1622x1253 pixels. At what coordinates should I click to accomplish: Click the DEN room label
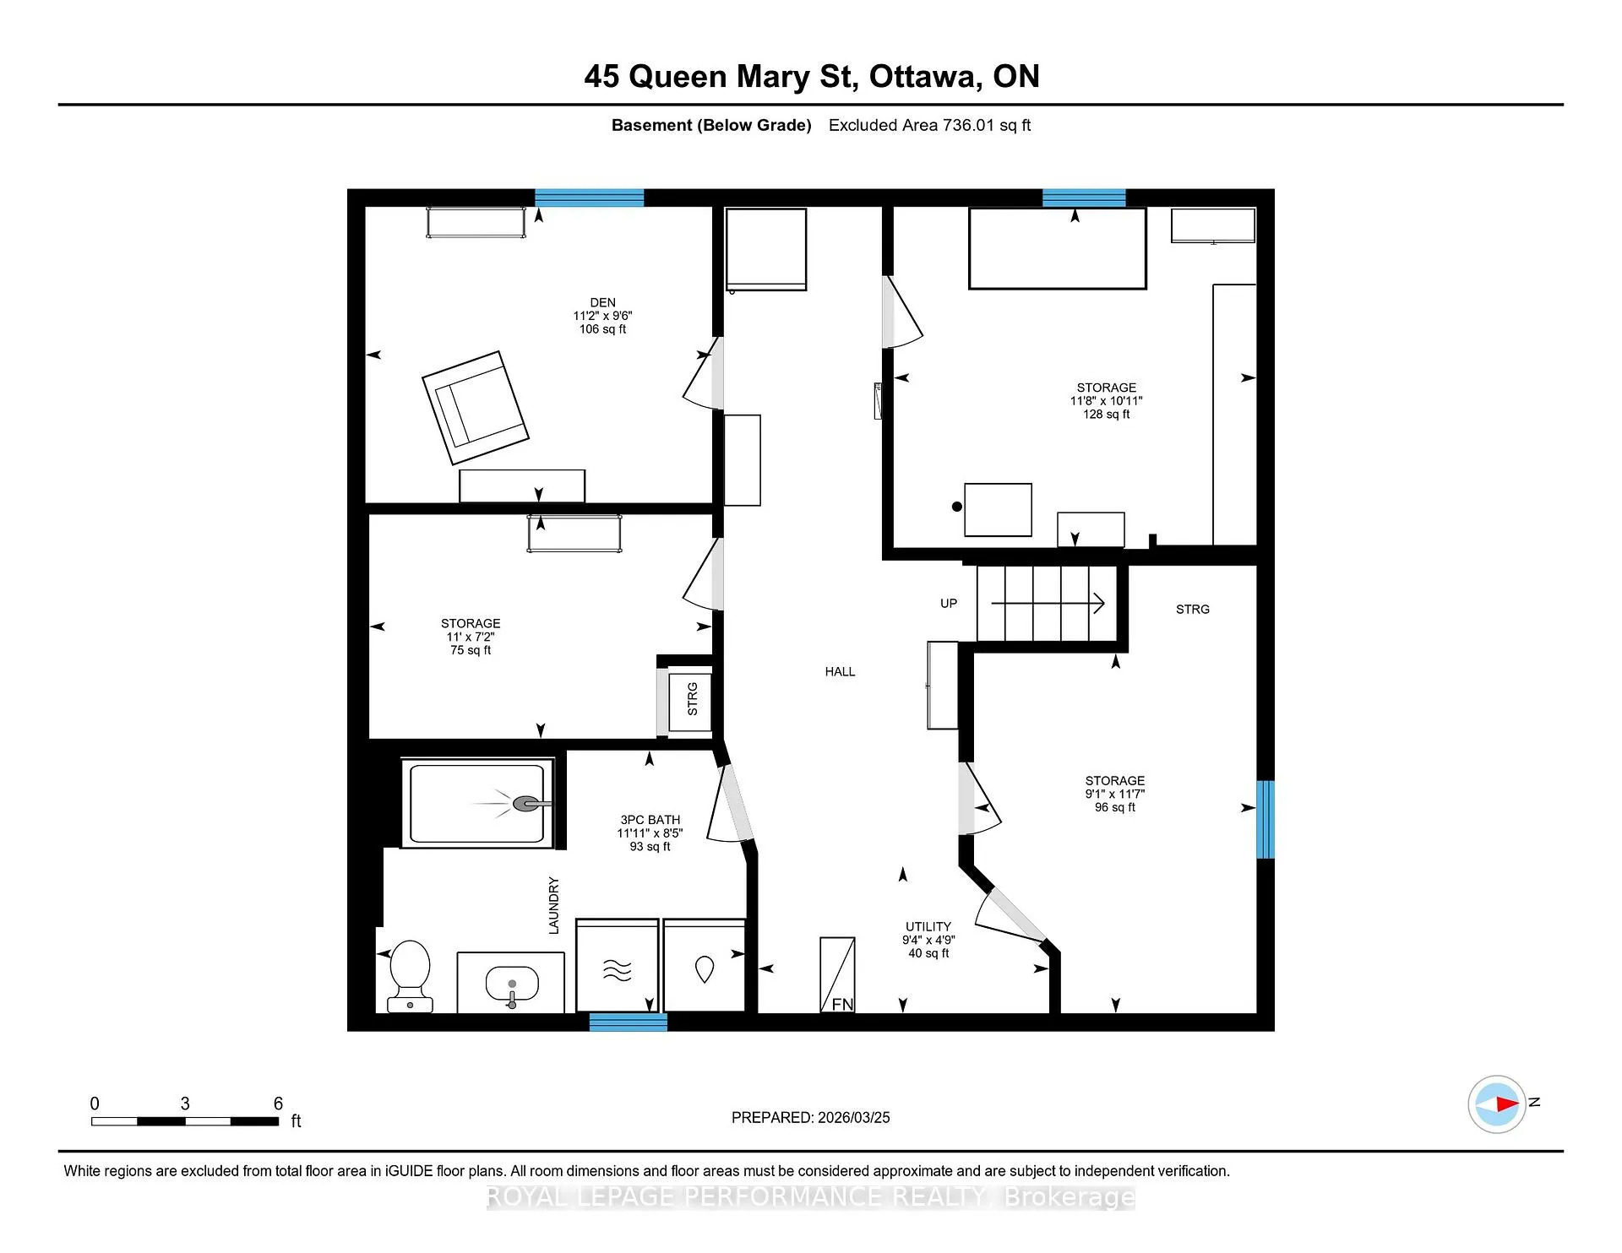pos(602,302)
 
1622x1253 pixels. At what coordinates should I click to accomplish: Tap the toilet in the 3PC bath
pos(410,976)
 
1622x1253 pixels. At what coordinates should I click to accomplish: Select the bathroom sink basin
pos(512,984)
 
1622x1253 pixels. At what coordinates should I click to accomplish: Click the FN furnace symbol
pos(837,974)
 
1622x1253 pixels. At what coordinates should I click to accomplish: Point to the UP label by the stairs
pos(949,604)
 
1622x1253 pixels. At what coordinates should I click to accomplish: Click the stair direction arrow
pos(1048,603)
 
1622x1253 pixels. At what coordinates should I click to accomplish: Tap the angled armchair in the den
pos(476,408)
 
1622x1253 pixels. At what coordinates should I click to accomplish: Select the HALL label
pos(840,671)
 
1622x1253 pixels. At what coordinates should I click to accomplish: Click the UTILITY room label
pos(928,926)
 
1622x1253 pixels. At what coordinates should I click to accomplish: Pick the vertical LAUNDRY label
pos(554,905)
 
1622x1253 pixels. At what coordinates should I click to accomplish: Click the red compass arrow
pos(1507,1104)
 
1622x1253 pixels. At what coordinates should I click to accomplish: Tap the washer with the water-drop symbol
pos(705,965)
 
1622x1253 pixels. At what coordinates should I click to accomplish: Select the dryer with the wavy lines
pos(617,965)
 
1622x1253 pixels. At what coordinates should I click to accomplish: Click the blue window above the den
pos(590,198)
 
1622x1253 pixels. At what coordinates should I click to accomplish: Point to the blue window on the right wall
pos(1265,819)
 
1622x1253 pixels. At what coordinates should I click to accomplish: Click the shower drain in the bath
pos(525,804)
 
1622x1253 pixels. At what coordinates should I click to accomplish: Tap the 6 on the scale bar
pos(278,1104)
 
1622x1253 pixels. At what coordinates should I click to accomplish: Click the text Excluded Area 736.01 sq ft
pos(929,125)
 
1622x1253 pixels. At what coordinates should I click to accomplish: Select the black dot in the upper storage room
pos(957,507)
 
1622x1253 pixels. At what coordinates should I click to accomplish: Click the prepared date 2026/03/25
pos(853,1117)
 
